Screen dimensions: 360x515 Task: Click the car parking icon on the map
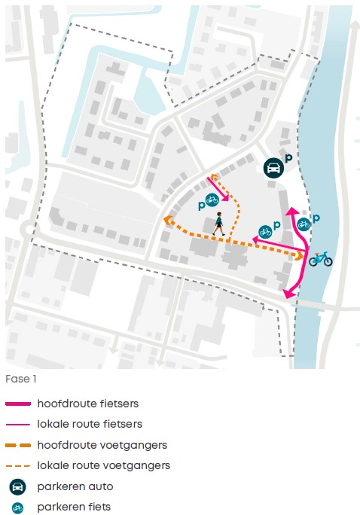273,168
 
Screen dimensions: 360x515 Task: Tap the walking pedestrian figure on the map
218,224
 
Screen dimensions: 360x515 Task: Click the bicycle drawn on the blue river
320,259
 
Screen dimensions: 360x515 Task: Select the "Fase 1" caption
21,379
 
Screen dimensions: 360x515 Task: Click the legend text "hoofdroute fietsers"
87,404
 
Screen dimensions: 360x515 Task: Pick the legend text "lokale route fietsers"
90,424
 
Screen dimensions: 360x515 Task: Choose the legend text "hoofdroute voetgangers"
102,445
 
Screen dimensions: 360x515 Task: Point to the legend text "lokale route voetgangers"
103,465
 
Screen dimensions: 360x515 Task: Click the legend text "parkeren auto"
75,486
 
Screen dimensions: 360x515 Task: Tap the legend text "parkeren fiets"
74,507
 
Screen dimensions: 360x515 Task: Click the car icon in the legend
18,486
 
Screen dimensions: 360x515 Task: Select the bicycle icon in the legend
17,507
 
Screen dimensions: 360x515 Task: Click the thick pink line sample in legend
18,404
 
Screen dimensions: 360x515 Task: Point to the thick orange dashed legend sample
18,446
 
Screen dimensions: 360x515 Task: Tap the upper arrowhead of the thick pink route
291,211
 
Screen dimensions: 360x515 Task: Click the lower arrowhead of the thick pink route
288,293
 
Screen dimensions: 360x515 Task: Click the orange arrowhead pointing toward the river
300,255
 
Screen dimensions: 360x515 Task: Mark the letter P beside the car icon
288,158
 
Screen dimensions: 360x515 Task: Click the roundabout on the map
29,229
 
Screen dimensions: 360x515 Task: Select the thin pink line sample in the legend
18,425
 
